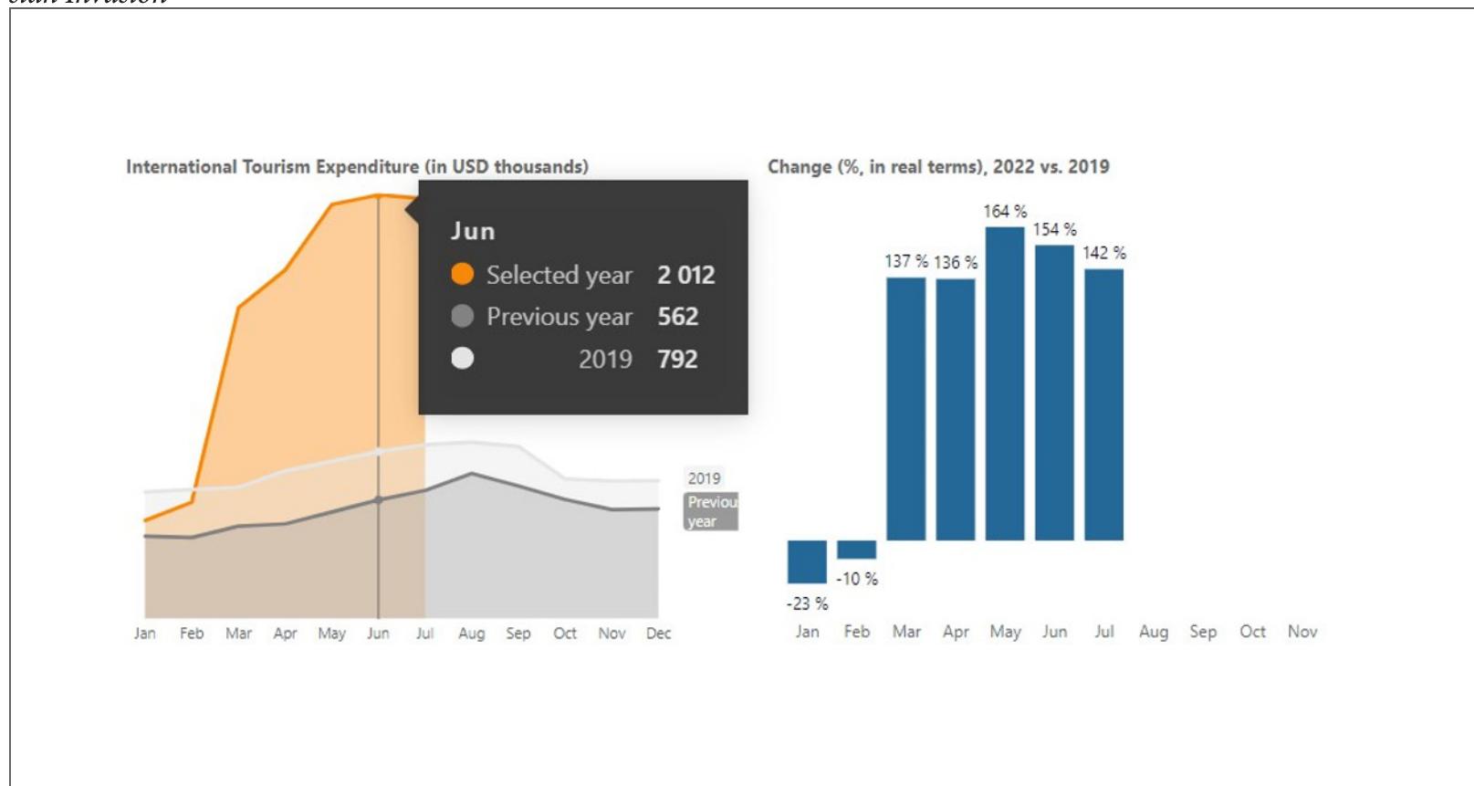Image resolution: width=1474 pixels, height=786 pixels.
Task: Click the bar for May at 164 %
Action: (1005, 383)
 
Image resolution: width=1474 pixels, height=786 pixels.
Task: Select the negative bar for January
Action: (807, 561)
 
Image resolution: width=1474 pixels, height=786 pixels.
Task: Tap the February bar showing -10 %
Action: (856, 550)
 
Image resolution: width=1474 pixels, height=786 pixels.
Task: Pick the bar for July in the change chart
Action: (1103, 404)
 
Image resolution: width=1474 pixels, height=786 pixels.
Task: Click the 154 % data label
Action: (1054, 230)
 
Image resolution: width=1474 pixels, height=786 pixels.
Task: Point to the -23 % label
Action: (807, 603)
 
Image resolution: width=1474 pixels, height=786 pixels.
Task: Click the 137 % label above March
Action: (905, 262)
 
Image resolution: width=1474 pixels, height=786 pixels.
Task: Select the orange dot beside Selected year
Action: (463, 274)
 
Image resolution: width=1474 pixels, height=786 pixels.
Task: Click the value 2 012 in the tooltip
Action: (685, 275)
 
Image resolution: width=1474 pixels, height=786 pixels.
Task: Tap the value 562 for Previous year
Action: (677, 317)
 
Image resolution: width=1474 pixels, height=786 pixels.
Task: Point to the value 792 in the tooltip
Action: (677, 359)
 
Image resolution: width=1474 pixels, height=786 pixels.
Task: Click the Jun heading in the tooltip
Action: (473, 231)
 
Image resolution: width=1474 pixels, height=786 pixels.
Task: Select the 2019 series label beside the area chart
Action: (704, 478)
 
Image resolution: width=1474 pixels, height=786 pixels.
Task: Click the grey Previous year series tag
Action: (711, 512)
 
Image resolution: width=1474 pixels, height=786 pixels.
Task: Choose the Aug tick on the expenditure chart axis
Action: (471, 634)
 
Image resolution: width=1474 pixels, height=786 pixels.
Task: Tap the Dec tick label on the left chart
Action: (658, 634)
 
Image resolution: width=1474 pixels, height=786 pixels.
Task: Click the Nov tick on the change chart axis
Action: (1302, 632)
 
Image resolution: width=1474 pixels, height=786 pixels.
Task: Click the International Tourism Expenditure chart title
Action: (357, 167)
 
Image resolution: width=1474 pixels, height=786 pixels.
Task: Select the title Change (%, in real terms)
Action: (938, 167)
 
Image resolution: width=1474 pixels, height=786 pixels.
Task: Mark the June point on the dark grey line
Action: (378, 499)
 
